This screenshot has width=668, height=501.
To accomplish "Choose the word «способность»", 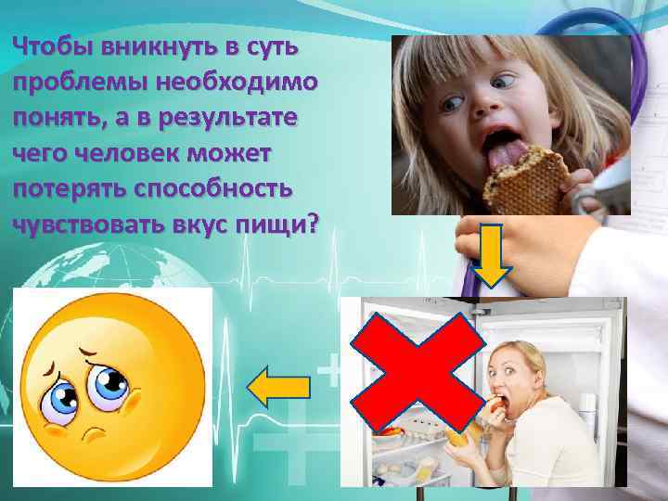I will pyautogui.click(x=208, y=187).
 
